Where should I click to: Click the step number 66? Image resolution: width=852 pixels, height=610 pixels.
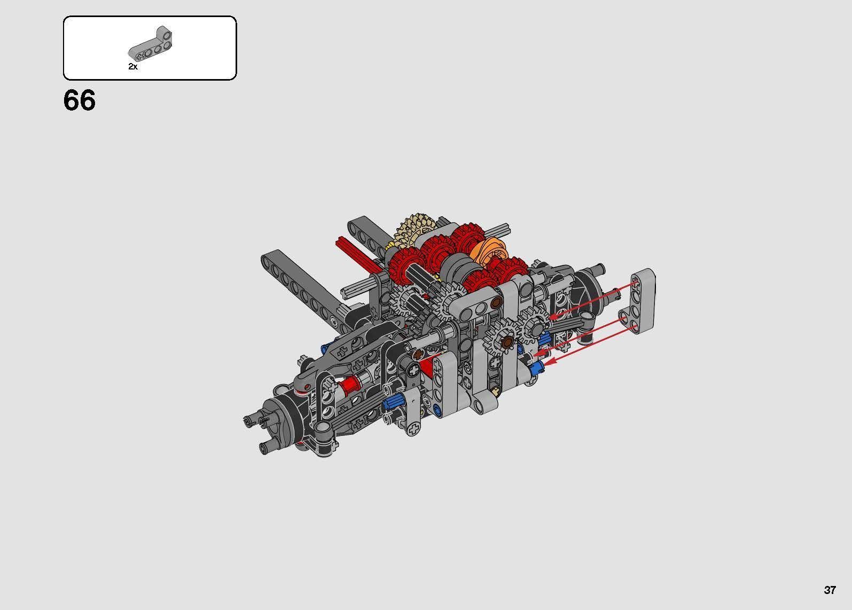tap(80, 100)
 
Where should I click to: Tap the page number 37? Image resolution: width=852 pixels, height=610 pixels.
tap(830, 590)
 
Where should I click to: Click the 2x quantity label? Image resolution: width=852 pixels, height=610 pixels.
tap(133, 67)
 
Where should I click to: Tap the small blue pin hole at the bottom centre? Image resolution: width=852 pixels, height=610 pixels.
tap(437, 410)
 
